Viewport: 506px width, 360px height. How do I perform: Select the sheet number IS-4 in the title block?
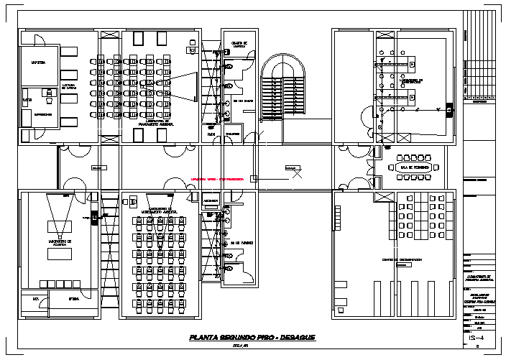tap(476, 337)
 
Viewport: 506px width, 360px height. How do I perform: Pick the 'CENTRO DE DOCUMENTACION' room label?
tap(401, 259)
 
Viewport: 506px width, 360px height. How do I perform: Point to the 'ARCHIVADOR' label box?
tap(211, 200)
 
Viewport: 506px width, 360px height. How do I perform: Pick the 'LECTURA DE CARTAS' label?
tap(70, 87)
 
